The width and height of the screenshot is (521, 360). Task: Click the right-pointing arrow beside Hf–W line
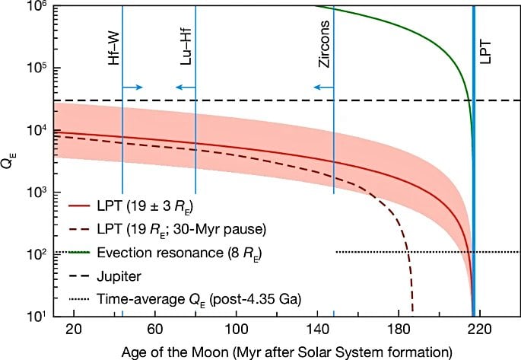(133, 88)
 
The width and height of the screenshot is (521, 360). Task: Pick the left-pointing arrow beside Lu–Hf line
(186, 88)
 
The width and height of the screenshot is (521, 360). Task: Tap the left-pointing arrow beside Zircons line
(324, 88)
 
